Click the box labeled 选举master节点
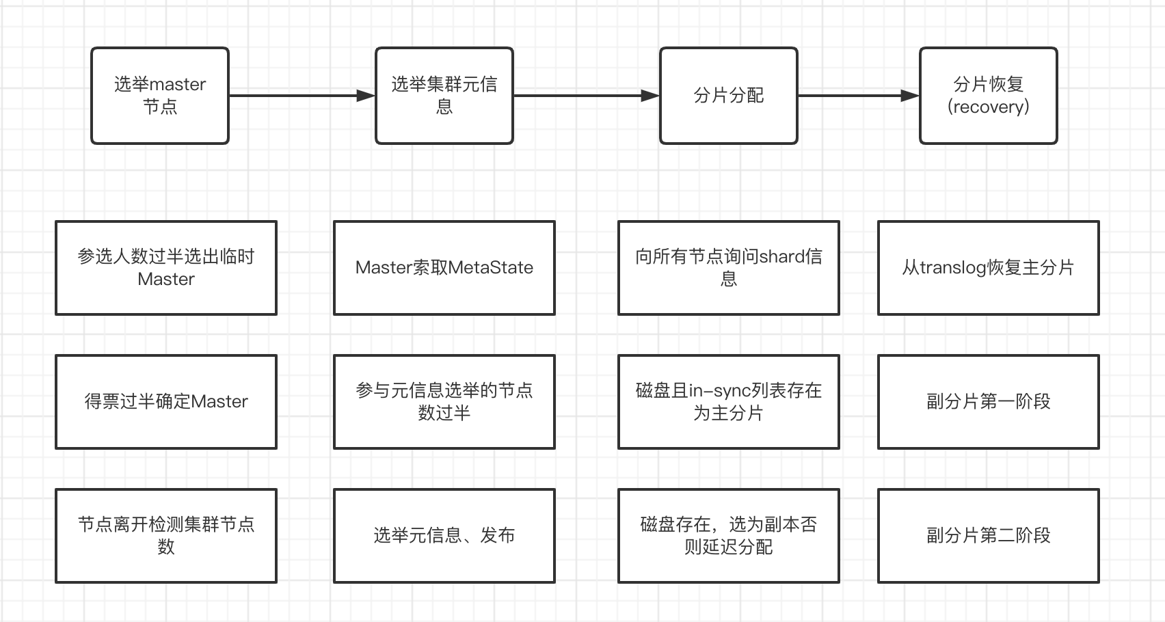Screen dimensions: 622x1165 point(160,96)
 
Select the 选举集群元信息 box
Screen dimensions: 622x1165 point(444,96)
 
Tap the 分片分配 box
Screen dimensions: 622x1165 point(729,96)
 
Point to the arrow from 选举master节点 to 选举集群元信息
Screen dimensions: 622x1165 point(301,96)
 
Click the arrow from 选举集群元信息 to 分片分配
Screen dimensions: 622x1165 point(585,96)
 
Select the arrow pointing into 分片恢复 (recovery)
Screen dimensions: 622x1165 point(858,96)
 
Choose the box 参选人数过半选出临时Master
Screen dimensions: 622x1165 point(166,268)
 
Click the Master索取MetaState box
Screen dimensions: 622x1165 point(444,268)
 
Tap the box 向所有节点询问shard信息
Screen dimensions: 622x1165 point(729,268)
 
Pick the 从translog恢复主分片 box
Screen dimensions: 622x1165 point(989,268)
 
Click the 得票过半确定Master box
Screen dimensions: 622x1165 point(166,402)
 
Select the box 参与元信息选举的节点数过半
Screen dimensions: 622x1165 point(444,402)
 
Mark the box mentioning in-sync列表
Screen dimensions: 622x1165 point(729,402)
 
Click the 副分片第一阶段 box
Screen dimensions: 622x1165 point(989,402)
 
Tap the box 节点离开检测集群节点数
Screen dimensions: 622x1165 point(166,536)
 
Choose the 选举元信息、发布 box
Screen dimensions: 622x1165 point(444,536)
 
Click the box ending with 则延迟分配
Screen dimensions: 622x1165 point(729,536)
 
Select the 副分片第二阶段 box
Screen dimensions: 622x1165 point(989,536)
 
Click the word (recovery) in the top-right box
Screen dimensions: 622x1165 point(989,107)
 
